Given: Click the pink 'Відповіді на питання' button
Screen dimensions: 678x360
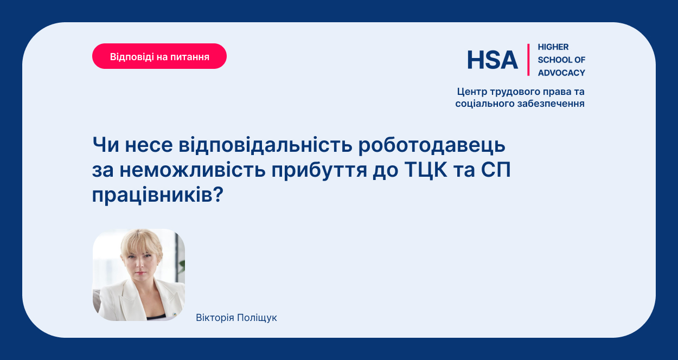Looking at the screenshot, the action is tap(159, 56).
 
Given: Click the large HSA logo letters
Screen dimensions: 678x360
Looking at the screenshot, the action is tap(492, 60).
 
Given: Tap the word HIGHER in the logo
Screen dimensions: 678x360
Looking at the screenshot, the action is tap(553, 47).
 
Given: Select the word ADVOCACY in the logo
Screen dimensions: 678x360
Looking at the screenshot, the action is tap(561, 73).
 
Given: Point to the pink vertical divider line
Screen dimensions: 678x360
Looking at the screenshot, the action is tap(528, 60).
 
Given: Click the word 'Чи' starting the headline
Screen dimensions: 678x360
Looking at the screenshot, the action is tap(105, 145).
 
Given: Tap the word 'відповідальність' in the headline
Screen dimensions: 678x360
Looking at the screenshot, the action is tap(265, 145).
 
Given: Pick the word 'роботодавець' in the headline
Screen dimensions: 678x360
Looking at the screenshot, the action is tap(432, 145).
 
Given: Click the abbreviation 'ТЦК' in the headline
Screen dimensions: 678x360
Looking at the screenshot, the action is tap(425, 170).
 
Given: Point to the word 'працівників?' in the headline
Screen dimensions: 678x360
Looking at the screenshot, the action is tap(158, 195).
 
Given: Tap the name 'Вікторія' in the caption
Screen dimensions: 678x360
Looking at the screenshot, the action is tap(215, 318).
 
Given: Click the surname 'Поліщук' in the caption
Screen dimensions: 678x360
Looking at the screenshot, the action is tap(257, 318).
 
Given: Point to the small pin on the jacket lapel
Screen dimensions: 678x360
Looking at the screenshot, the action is tap(174, 314).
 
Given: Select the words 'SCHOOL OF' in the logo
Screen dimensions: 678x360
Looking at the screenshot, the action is tap(561, 60).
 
